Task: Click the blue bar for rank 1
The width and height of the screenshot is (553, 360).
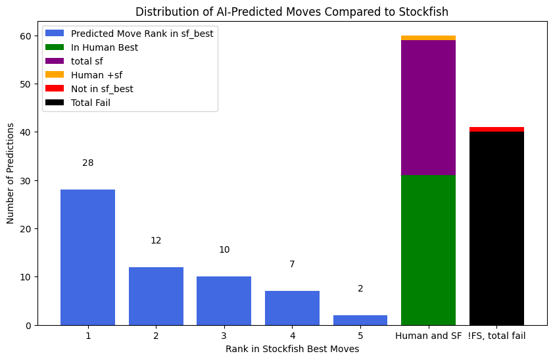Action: (x=87, y=257)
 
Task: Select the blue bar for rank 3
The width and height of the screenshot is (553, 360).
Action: (x=224, y=301)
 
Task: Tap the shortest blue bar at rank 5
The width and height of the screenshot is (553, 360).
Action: (x=360, y=320)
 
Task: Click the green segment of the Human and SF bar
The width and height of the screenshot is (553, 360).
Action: (x=428, y=250)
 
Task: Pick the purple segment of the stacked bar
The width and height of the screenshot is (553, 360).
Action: (x=428, y=107)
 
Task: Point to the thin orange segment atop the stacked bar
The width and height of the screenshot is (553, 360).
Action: (x=428, y=38)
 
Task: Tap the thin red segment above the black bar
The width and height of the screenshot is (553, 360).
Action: (x=496, y=129)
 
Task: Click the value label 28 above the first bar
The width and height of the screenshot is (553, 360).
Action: (x=87, y=163)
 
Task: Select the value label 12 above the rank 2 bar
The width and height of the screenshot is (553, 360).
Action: (x=156, y=240)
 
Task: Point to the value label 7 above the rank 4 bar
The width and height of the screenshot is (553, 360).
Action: (x=292, y=264)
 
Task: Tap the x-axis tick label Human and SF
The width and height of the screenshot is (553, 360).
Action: (x=428, y=336)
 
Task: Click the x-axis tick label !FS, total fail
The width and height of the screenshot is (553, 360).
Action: (x=496, y=336)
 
